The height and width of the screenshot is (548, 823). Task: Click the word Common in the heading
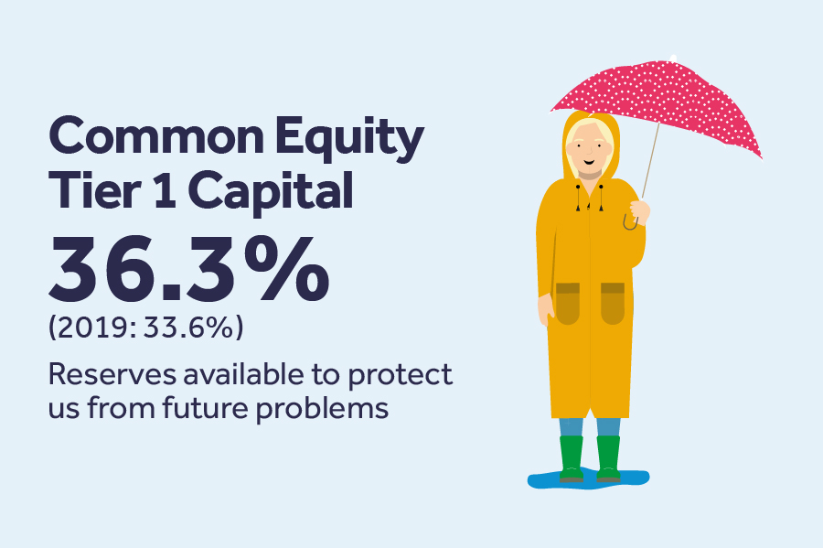pos(156,136)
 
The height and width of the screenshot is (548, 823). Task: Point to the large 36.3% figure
pos(189,269)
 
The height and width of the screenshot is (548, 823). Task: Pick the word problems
pos(322,409)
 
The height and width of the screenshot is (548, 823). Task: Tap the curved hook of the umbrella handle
pos(630,223)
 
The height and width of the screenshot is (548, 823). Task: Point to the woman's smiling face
pos(589,149)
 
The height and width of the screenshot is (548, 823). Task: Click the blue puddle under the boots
pos(588,478)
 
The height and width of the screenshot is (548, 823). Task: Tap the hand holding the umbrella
pos(640,211)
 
